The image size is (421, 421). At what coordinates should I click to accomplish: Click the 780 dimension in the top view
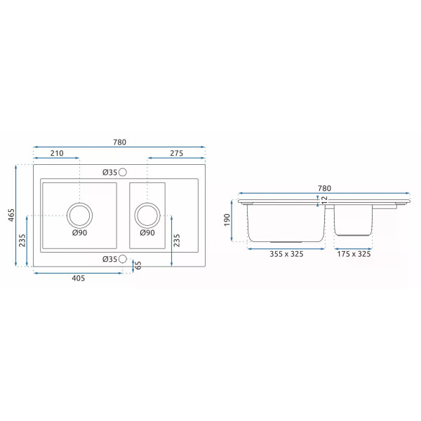tap(119, 142)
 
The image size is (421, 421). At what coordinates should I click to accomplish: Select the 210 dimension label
tap(57, 154)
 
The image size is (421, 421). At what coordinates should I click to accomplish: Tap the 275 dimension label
tap(176, 154)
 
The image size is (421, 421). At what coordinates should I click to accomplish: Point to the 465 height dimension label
tap(11, 215)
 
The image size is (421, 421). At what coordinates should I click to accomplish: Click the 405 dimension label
tap(78, 279)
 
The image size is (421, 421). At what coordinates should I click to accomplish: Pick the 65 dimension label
tap(138, 265)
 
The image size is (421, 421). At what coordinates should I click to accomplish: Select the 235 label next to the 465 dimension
tap(23, 241)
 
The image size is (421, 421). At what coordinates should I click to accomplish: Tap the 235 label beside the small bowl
tap(176, 241)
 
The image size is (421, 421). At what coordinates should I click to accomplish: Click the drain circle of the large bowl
tap(79, 215)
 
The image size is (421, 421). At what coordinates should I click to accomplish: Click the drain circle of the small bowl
tap(147, 215)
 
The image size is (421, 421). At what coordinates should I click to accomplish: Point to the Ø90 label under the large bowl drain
tap(79, 233)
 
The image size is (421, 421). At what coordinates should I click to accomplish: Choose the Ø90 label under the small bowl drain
tap(147, 233)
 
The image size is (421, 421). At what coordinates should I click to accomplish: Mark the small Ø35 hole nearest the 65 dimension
tap(123, 259)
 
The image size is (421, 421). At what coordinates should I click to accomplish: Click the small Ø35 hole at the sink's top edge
tap(123, 172)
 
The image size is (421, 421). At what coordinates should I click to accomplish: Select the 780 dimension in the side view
tap(323, 188)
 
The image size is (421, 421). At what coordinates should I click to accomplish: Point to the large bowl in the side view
tap(286, 223)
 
